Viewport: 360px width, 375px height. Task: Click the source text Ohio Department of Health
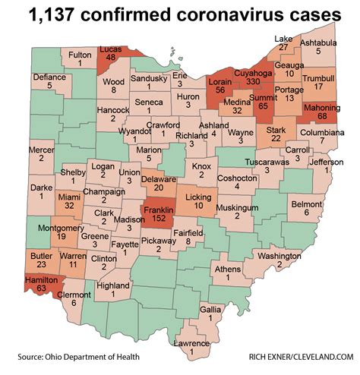coord(72,357)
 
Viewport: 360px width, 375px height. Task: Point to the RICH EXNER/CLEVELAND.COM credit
coord(295,357)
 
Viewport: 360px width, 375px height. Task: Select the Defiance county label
coord(49,76)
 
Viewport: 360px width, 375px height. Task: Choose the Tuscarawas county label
coord(270,162)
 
